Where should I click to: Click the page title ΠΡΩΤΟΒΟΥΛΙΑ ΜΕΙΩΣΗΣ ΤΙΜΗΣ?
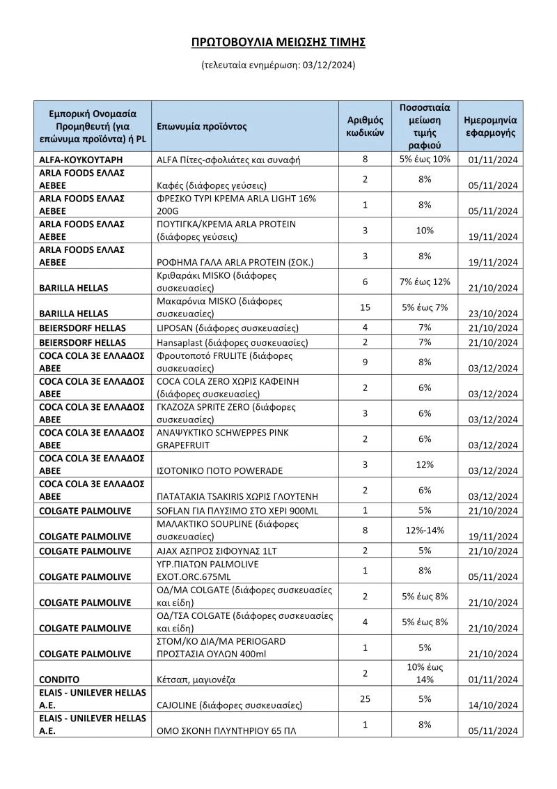[278, 43]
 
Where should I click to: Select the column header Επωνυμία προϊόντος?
[202, 127]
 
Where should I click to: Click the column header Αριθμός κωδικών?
[366, 127]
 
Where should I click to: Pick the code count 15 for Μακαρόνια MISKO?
[366, 307]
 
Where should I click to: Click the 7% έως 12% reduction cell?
[425, 282]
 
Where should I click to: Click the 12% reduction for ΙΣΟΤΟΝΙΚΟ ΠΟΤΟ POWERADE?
[425, 464]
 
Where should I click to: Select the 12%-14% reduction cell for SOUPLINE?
[425, 530]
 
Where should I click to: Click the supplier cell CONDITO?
[59, 679]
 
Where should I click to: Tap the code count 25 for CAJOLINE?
[366, 698]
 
